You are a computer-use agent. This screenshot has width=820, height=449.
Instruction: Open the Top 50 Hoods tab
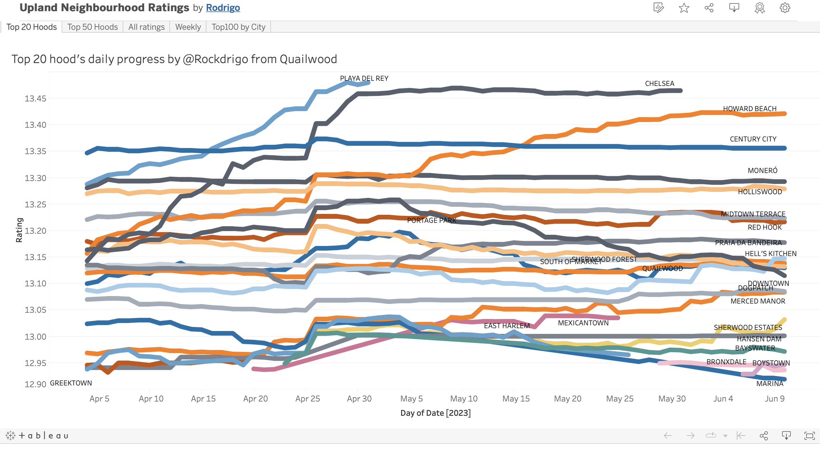[92, 27]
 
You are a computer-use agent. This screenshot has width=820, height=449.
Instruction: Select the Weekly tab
[188, 27]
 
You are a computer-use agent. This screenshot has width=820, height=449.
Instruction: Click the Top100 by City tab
[238, 27]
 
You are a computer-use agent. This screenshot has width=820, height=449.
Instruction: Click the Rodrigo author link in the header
[223, 8]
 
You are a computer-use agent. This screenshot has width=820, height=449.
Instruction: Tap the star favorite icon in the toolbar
[684, 8]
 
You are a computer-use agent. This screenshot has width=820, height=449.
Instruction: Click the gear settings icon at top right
[785, 8]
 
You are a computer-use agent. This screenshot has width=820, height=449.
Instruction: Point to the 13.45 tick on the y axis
[35, 98]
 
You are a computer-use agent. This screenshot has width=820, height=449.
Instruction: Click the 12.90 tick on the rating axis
[35, 384]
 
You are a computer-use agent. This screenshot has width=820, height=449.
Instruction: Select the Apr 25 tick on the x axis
[307, 399]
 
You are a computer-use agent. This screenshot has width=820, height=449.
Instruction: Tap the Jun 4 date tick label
[723, 399]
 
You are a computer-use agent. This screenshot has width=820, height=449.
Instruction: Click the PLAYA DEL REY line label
[364, 78]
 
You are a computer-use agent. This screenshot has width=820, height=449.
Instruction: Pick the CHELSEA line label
[659, 84]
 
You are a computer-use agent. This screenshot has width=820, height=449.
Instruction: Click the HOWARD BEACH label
[750, 109]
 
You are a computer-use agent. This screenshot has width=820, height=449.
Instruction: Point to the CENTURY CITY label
[753, 139]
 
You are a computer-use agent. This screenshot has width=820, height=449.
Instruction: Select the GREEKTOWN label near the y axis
[71, 383]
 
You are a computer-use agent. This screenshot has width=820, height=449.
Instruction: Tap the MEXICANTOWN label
[583, 323]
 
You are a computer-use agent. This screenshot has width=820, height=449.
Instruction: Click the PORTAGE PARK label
[432, 220]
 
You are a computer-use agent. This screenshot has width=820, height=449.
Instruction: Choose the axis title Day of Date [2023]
[435, 413]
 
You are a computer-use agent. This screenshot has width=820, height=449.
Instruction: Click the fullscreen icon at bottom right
[809, 435]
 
